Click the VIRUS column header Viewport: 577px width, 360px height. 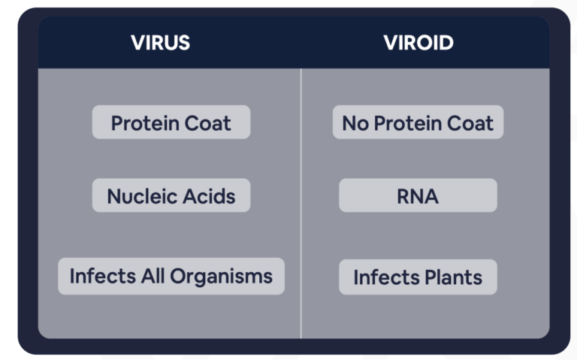(161, 43)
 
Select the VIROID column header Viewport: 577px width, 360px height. (418, 43)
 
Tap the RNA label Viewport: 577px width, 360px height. (418, 196)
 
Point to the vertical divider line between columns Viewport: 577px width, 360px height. (301, 203)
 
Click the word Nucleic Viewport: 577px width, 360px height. (142, 196)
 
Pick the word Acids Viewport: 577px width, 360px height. (209, 196)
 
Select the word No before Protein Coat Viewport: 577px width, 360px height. (355, 123)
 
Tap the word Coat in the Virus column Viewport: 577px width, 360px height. (208, 123)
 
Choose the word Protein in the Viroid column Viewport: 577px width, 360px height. (408, 123)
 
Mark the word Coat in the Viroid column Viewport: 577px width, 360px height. (470, 123)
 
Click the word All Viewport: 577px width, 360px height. (153, 276)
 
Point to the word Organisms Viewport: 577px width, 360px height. (221, 277)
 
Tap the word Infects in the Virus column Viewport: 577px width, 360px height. (103, 276)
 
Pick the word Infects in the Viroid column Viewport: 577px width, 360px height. (386, 277)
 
